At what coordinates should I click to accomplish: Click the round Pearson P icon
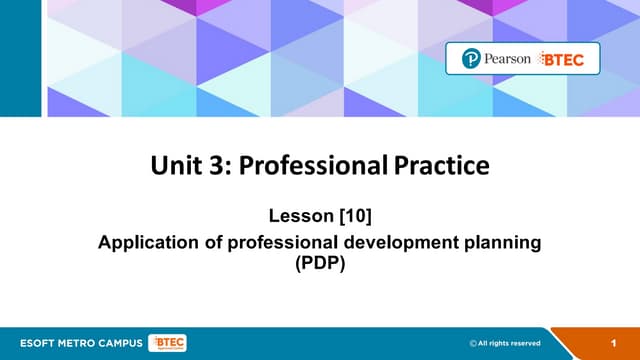point(472,60)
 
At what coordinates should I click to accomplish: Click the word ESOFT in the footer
point(32,343)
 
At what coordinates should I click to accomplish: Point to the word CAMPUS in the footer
point(115,343)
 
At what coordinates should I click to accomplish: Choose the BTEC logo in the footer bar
point(165,343)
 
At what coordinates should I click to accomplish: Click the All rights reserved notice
point(513,343)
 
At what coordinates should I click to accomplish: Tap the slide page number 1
point(612,343)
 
